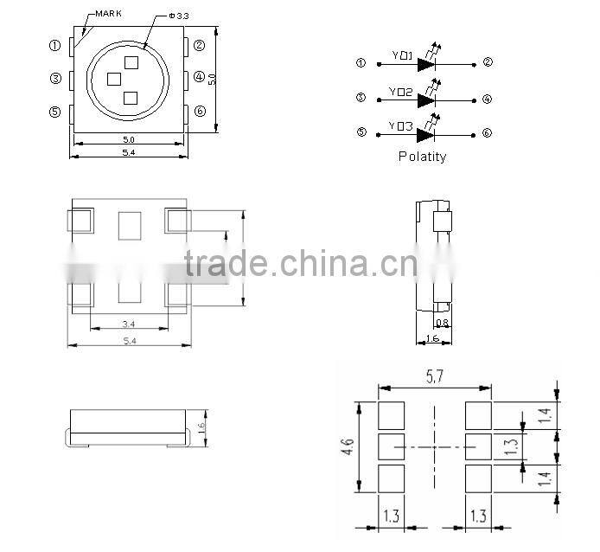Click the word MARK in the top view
tap(107, 13)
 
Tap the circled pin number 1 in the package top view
tap(54, 45)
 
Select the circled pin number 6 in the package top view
tap(201, 111)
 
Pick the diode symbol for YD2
tap(425, 99)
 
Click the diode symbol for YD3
tap(425, 133)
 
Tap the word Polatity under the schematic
tap(422, 157)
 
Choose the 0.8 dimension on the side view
tap(442, 324)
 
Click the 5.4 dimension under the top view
tap(130, 152)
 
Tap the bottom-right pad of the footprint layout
tap(479, 477)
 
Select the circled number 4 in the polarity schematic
tap(488, 99)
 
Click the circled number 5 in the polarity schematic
tap(361, 133)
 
